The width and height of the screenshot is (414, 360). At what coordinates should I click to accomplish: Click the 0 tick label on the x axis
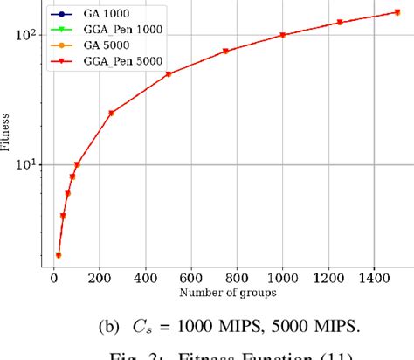click(x=53, y=277)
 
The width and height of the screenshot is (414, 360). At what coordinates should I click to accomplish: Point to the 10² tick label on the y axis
click(x=24, y=35)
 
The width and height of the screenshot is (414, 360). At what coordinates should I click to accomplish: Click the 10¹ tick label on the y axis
click(x=24, y=164)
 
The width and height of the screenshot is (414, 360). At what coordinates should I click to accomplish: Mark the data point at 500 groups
click(x=169, y=73)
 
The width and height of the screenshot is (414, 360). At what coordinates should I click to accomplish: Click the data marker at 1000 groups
click(x=283, y=35)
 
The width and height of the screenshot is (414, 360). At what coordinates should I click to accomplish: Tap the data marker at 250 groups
click(x=111, y=113)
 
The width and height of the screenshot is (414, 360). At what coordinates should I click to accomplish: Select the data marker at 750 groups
click(x=225, y=51)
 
